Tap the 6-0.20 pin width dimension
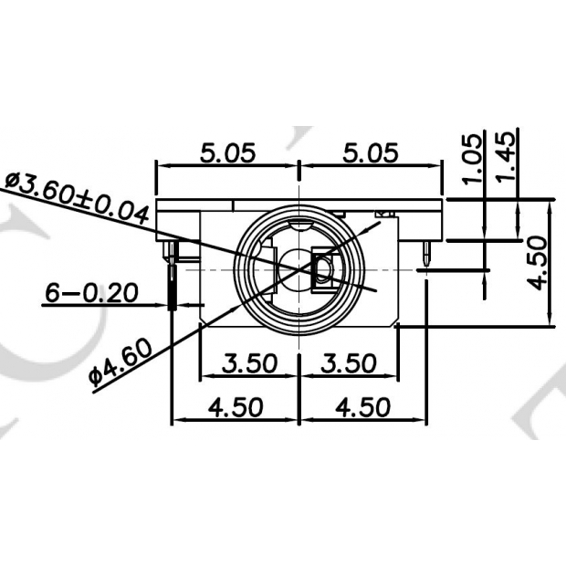91,293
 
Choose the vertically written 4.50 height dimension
538,263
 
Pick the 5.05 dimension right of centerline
370,152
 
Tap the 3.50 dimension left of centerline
249,362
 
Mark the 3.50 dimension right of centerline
349,362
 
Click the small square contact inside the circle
324,269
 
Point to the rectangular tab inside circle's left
270,259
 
